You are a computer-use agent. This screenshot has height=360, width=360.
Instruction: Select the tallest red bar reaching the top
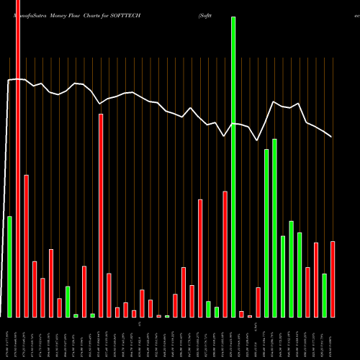(18, 158)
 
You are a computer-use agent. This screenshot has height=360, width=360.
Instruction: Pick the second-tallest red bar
(101, 215)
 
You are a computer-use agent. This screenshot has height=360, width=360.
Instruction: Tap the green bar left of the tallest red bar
(9, 266)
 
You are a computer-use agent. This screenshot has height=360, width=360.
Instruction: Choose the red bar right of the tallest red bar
(27, 246)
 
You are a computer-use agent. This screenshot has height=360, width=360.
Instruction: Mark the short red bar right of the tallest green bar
(242, 314)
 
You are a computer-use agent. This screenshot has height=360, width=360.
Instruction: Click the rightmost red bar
(333, 279)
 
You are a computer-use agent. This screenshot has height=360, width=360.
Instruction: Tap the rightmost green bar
(324, 295)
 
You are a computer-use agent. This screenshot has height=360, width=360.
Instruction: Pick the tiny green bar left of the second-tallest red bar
(92, 315)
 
